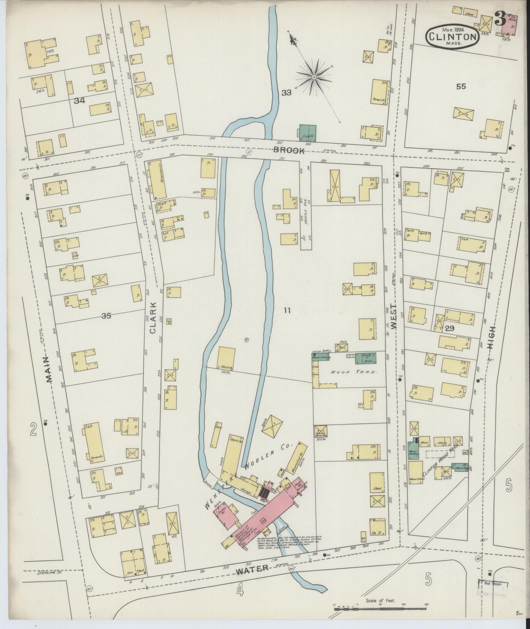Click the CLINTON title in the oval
452,37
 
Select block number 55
461,87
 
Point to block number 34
80,101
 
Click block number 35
106,316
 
